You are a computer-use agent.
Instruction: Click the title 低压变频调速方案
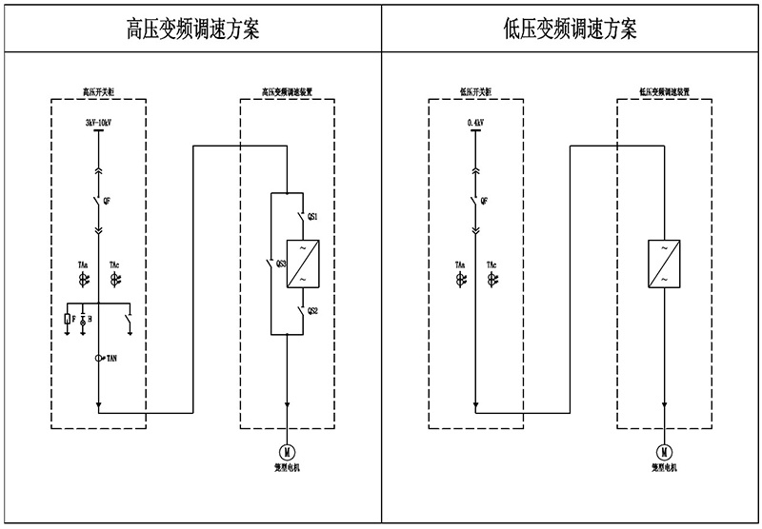571,29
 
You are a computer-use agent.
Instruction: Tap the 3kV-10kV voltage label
99,123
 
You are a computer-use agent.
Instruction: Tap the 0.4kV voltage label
476,123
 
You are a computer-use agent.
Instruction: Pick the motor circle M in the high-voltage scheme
287,450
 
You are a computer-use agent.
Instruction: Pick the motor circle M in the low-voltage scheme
663,450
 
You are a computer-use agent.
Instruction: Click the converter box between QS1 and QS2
301,263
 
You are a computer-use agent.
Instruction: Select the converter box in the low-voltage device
663,263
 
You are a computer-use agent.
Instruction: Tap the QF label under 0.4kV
485,201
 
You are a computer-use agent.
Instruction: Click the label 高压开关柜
98,93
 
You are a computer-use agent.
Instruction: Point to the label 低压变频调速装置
663,93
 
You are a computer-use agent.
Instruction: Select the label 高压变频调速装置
287,93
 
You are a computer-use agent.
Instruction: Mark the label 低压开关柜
476,93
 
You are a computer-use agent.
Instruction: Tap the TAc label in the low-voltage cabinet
491,264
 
